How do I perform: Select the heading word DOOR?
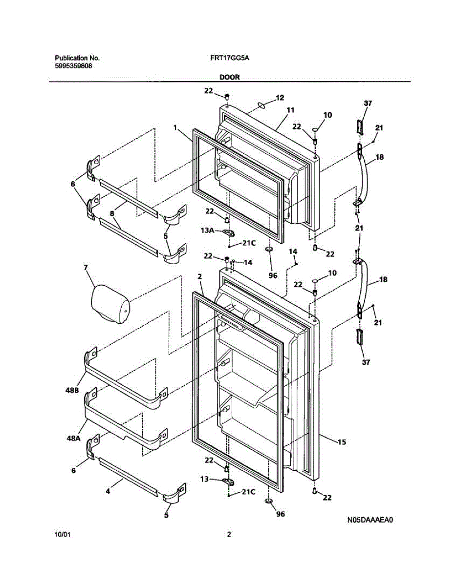229,77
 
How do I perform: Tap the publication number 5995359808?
73,66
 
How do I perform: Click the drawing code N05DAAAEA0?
371,520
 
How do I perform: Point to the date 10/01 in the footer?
63,535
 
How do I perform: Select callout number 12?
280,98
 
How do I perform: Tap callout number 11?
290,110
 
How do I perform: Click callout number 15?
341,442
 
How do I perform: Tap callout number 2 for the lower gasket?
199,276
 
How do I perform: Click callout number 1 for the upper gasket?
174,127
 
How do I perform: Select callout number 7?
86,268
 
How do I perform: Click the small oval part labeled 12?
261,105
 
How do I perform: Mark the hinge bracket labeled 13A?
228,233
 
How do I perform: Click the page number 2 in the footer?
228,535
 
